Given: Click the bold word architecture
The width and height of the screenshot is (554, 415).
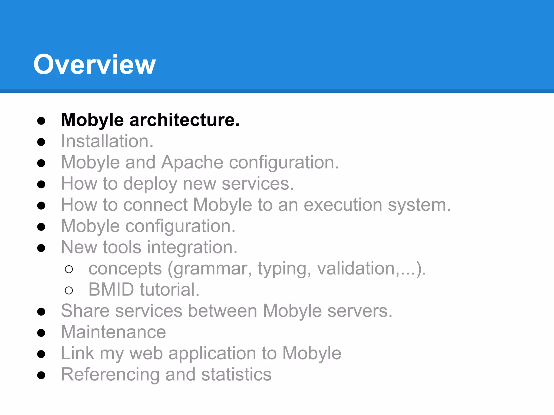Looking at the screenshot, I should coord(184,120).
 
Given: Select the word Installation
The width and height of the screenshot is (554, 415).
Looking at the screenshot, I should coord(107,141).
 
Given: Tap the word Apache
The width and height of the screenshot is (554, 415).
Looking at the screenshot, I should coord(192,162).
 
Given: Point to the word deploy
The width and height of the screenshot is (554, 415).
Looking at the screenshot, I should coord(150,184).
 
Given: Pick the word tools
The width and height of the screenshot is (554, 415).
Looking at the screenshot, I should coord(122,247).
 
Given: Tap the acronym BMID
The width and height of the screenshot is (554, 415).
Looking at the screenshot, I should coord(111,290).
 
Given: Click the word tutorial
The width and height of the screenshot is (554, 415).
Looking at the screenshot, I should coord(169,290).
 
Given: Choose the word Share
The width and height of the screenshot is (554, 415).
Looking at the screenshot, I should coord(85,311).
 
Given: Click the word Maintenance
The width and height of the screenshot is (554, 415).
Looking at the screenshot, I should coord(113,332).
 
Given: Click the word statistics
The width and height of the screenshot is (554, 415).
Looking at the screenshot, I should coord(236,374).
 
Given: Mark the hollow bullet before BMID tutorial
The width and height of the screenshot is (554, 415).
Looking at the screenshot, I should coord(69,290).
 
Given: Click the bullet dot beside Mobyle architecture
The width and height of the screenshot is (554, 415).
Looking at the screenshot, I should coord(41,121).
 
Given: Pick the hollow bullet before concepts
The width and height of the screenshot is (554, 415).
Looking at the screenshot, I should coord(69,269).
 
